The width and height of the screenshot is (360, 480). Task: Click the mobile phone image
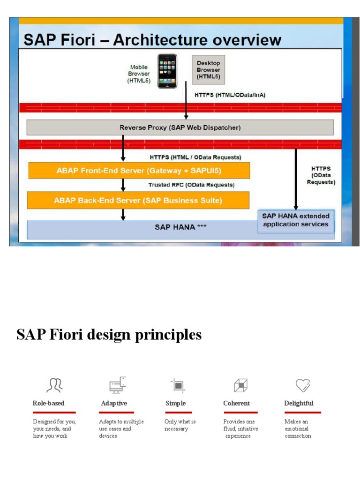167,71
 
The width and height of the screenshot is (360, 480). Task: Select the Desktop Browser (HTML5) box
208,70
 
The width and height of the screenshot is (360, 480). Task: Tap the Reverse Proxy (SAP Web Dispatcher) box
180,127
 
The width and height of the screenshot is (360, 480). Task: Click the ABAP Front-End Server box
139,170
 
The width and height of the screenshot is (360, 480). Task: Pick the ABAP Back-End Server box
139,200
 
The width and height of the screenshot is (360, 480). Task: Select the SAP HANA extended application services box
296,220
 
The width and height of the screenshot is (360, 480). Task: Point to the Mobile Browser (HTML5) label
139,74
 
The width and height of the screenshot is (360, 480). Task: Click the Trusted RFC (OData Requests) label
191,185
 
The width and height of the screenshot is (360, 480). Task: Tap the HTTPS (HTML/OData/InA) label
230,95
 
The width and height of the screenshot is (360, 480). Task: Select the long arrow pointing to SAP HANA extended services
296,178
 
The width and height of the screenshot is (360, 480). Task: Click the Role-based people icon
54,385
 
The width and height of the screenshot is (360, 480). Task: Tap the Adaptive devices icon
118,384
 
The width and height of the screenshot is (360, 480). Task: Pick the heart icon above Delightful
303,385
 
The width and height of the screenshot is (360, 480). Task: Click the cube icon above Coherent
240,385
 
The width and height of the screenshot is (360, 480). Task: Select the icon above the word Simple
178,385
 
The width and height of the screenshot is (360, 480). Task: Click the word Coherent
237,403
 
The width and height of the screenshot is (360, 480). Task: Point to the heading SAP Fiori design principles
109,335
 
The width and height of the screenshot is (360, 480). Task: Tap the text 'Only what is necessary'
180,425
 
